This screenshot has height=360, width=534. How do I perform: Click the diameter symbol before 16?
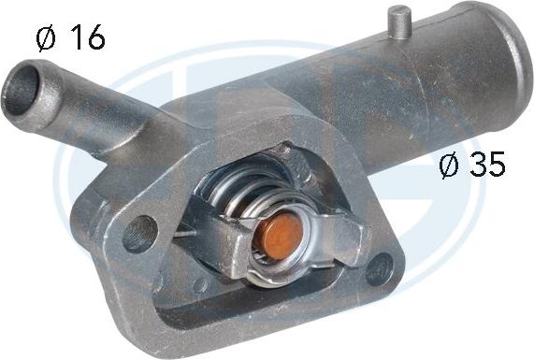point(44,38)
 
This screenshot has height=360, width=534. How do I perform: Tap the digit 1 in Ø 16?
point(74,38)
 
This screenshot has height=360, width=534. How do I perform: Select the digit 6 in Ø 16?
point(94,38)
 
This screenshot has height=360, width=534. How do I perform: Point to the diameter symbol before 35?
point(450,166)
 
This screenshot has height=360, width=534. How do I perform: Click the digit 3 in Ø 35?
point(477,166)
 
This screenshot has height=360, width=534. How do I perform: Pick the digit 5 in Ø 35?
point(496,166)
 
